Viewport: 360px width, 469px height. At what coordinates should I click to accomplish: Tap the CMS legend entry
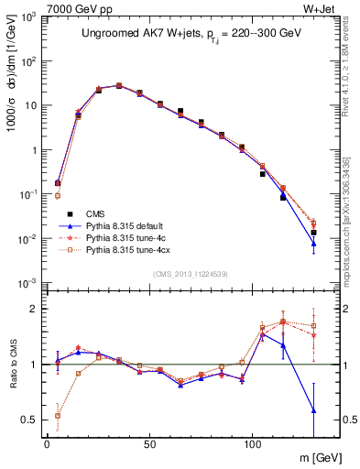pyautogui.click(x=92, y=212)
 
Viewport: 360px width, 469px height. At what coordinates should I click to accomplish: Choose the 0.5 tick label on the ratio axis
pyautogui.click(x=29, y=420)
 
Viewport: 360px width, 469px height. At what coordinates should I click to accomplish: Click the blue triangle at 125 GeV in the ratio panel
pyautogui.click(x=313, y=409)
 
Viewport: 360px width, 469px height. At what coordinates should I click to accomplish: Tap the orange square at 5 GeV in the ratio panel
pyautogui.click(x=58, y=415)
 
